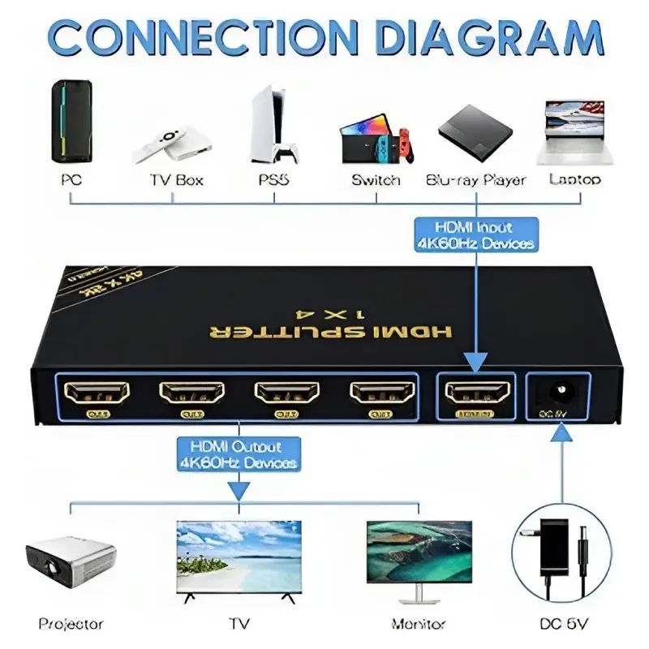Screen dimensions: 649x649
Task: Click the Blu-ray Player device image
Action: [475, 129]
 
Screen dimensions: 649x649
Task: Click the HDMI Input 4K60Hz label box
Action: [475, 234]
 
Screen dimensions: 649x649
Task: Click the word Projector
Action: [71, 624]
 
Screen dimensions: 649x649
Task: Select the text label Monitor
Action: [419, 624]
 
